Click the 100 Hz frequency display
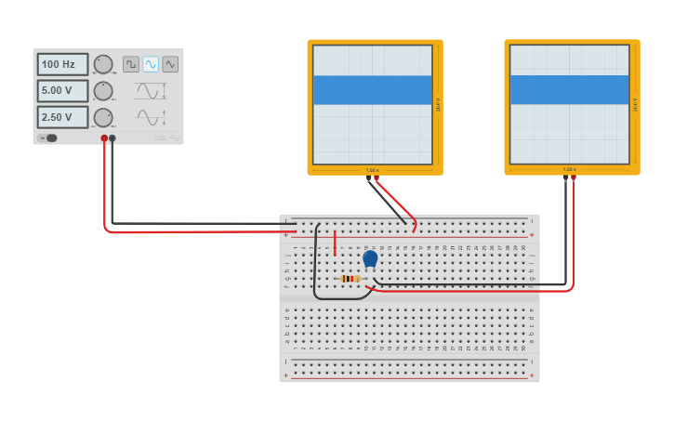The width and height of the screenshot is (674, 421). [x=62, y=64]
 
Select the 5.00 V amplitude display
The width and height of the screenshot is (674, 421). [x=62, y=91]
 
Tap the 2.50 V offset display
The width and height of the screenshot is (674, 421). [x=62, y=117]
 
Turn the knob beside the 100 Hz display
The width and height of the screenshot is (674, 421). [x=103, y=64]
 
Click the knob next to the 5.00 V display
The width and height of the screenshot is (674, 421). [x=103, y=91]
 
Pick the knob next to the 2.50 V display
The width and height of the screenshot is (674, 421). [x=103, y=117]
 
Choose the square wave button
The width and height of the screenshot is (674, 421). [x=131, y=64]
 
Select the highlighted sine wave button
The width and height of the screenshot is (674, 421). [x=151, y=64]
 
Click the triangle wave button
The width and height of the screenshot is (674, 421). [x=170, y=64]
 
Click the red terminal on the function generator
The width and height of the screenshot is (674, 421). [x=104, y=138]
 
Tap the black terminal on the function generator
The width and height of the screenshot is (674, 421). [x=112, y=138]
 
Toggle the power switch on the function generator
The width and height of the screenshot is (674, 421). [x=48, y=138]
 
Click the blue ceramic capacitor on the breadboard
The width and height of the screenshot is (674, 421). [x=370, y=258]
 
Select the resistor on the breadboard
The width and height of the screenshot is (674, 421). [x=350, y=278]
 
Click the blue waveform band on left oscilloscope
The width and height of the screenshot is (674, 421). [x=372, y=90]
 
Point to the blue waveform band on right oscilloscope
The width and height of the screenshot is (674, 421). [x=569, y=90]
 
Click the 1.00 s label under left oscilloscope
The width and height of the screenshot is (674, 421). [x=372, y=170]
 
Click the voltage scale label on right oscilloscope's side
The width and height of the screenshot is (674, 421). [x=636, y=105]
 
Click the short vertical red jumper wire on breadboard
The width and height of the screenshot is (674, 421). [x=336, y=243]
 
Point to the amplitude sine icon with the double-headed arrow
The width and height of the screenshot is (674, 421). [x=151, y=91]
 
